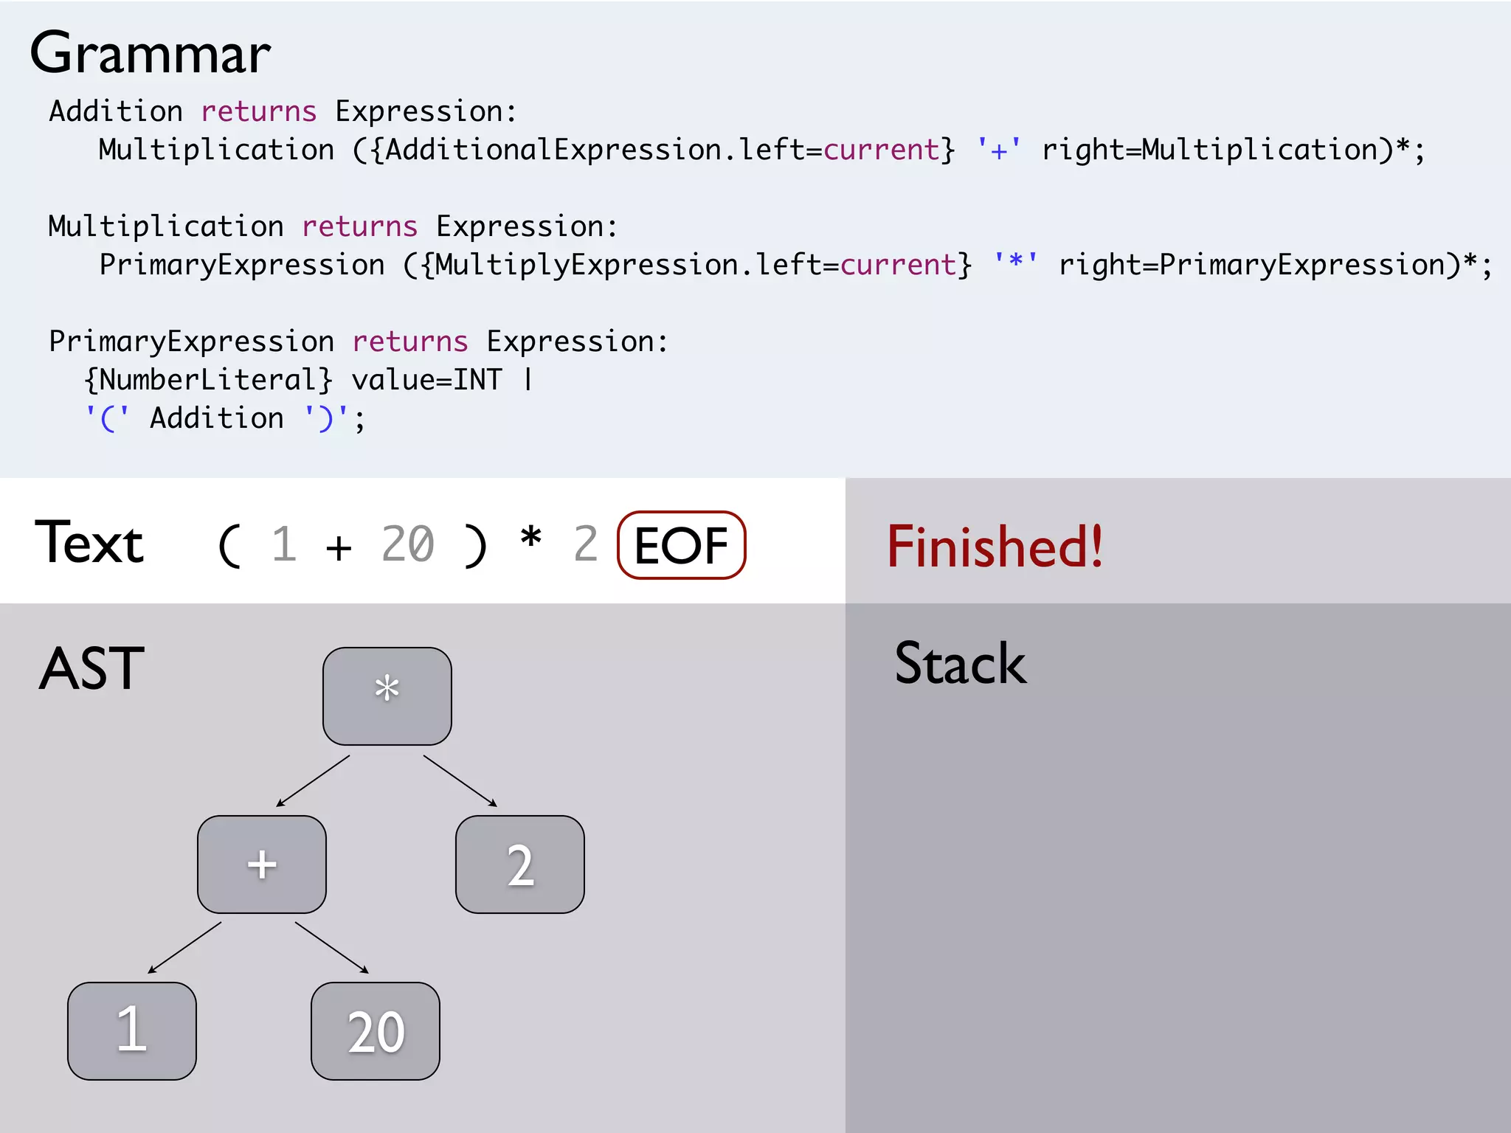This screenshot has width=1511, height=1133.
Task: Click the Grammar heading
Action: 151,54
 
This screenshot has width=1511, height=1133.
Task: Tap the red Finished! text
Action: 995,547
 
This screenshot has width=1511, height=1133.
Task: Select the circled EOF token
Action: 681,546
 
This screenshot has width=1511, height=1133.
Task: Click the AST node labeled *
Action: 387,696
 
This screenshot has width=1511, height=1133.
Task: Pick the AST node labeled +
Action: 262,864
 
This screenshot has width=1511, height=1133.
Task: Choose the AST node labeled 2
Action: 520,864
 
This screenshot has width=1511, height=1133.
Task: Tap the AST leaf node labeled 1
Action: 132,1030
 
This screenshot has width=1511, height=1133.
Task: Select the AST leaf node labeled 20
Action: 376,1030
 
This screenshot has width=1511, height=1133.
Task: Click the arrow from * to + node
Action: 313,781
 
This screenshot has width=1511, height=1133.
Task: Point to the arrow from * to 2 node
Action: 460,781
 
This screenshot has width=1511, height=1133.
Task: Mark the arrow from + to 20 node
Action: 332,948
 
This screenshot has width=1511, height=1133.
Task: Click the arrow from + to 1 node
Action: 184,948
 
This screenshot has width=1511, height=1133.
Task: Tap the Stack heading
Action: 960,664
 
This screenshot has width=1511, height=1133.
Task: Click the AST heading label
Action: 91,668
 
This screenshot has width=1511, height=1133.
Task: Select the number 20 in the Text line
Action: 407,545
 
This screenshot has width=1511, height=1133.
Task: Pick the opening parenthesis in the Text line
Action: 229,546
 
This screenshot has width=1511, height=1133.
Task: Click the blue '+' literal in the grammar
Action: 998,150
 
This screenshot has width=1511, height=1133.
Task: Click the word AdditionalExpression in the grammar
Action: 553,150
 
